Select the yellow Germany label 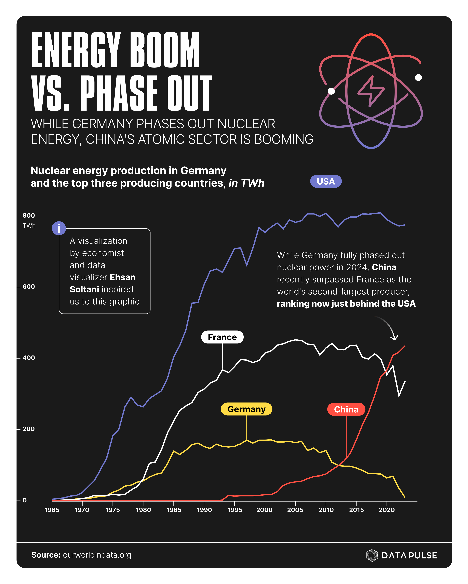click(246, 409)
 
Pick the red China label click(346, 409)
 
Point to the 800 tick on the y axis click(28, 216)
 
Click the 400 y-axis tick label click(28, 358)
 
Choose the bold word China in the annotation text click(384, 267)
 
